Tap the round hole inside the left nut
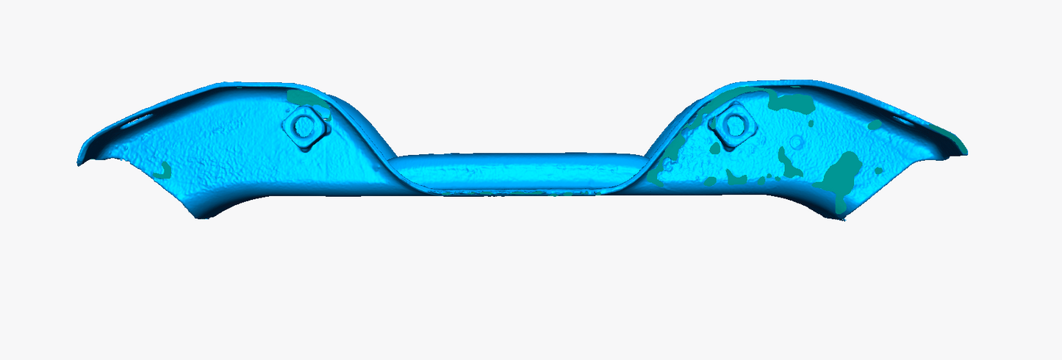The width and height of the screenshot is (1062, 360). [x=303, y=126]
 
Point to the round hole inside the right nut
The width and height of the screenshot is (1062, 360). [x=733, y=123]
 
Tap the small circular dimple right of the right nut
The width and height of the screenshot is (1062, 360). [x=796, y=141]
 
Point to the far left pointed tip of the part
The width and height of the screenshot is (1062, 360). [x=79, y=162]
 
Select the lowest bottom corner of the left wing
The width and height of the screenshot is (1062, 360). [x=198, y=216]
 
